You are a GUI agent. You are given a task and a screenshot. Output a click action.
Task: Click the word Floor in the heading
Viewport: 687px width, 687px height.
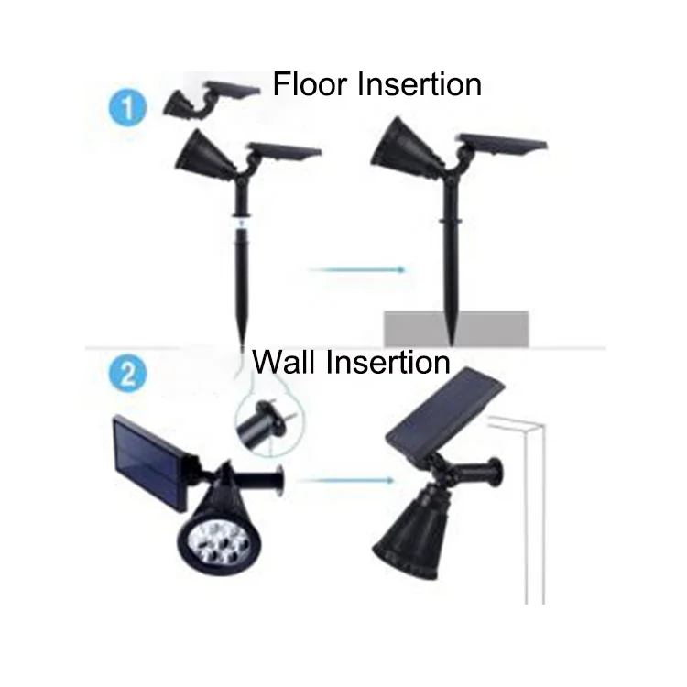(x=311, y=84)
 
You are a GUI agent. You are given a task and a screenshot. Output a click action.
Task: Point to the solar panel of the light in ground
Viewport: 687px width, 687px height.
(x=502, y=144)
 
